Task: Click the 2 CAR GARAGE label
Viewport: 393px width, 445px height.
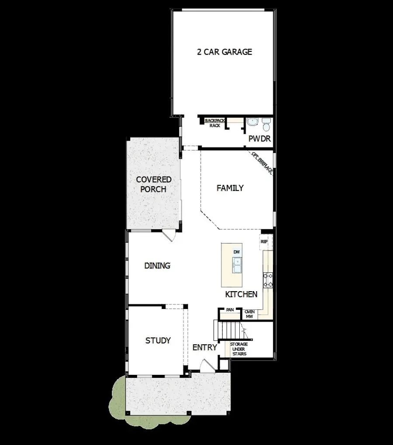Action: click(x=224, y=52)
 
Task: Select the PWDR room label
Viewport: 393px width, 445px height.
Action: click(x=259, y=139)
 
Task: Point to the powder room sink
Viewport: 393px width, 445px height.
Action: click(x=252, y=122)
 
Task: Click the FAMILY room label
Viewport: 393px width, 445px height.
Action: click(x=230, y=188)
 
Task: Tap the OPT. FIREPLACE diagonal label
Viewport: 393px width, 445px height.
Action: click(x=262, y=163)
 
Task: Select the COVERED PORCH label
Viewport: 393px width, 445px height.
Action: click(x=153, y=184)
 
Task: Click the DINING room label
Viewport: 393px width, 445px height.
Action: click(x=157, y=265)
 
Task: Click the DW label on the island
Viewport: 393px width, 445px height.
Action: click(x=236, y=252)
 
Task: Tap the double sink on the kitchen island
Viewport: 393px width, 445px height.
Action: click(x=237, y=265)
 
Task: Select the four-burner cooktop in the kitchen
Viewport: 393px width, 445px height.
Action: click(x=267, y=280)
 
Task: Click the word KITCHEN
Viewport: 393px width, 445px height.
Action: click(x=241, y=295)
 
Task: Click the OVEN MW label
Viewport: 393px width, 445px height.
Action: click(x=249, y=314)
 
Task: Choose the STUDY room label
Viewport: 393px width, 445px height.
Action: click(x=158, y=340)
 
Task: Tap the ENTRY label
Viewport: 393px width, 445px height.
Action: click(x=204, y=347)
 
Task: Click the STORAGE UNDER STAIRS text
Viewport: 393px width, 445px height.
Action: click(x=239, y=349)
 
